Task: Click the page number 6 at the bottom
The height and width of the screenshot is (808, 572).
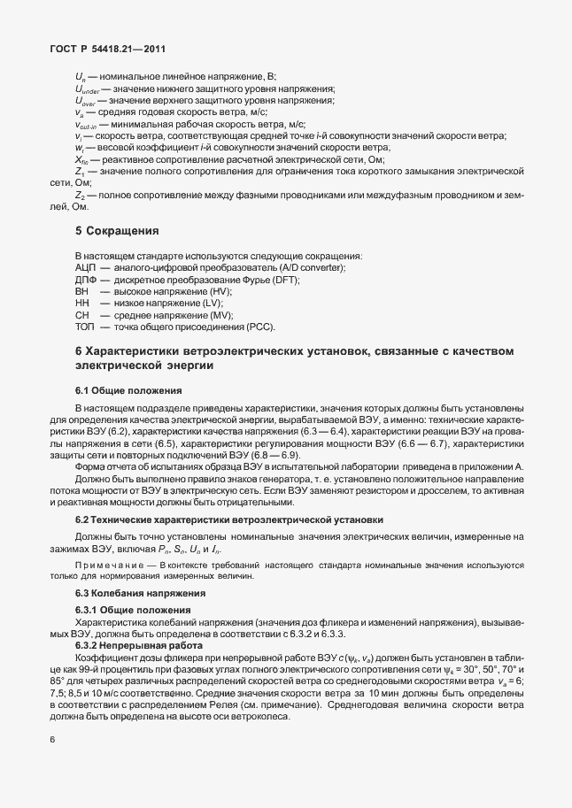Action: coord(52,762)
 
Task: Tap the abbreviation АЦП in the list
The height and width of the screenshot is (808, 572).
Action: coord(86,267)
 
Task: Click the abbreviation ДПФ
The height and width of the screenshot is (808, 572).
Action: coord(86,279)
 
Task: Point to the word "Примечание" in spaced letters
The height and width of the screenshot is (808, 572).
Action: coord(110,564)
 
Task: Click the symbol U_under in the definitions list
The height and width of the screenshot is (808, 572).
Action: coord(87,90)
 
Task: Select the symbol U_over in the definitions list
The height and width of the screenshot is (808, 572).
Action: coord(85,102)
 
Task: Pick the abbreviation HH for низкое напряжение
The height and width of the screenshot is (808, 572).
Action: coord(82,303)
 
